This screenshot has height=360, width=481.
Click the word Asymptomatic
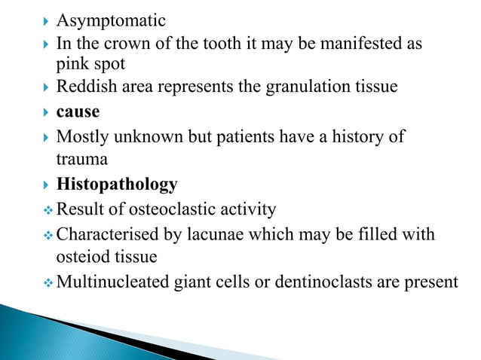coord(111,20)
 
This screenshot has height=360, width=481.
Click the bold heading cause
coord(78,112)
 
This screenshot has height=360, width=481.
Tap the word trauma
coord(82,160)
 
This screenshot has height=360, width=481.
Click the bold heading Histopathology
coord(117,185)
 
